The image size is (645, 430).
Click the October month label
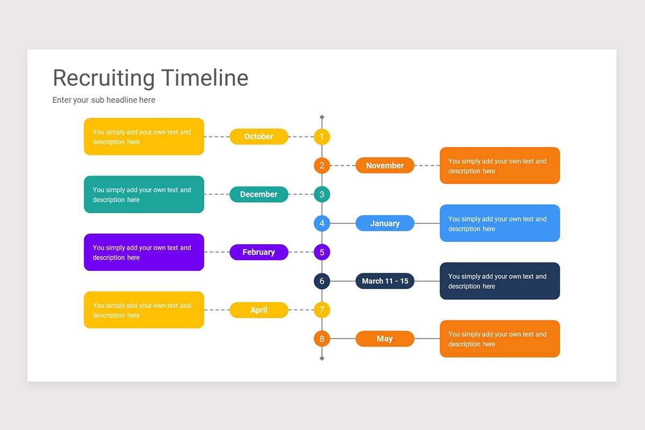(259, 137)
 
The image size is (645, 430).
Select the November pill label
(385, 166)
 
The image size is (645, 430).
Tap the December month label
(259, 195)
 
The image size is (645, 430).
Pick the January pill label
(385, 223)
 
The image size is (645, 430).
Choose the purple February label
(259, 252)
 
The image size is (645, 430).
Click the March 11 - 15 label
(385, 281)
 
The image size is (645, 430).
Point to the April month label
(259, 310)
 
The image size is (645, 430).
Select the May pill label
(385, 339)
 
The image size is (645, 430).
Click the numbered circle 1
(322, 137)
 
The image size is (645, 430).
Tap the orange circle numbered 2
(322, 166)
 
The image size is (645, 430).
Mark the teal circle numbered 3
(322, 195)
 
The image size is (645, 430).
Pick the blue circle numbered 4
(322, 223)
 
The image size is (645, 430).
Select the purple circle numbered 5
(322, 252)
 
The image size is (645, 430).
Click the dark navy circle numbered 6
(322, 281)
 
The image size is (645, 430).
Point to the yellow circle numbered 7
(322, 310)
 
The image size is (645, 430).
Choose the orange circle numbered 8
(322, 339)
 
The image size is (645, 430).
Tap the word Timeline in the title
(205, 78)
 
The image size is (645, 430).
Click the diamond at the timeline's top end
(322, 117)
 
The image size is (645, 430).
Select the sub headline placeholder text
(104, 100)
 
